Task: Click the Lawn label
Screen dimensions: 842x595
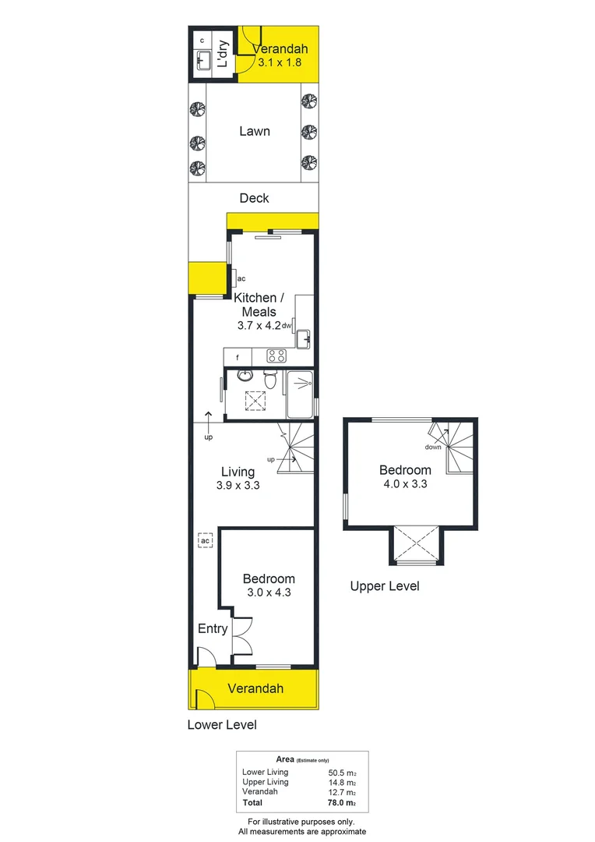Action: coord(254,131)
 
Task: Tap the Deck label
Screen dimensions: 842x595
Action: coord(254,198)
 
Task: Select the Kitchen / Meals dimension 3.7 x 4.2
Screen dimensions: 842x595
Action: coord(259,327)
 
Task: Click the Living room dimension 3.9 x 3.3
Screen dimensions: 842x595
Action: coord(238,485)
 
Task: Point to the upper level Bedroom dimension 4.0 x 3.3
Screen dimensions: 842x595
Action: coord(405,483)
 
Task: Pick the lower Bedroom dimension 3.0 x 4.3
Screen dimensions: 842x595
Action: coord(269,593)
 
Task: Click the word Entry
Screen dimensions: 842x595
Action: coord(213,628)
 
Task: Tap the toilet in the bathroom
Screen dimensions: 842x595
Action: coord(270,381)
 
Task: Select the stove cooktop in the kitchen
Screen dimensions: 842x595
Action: coord(276,356)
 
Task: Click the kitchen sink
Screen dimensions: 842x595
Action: coord(303,338)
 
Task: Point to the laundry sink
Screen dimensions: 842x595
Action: coord(204,59)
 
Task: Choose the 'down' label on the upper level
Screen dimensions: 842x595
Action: coord(433,447)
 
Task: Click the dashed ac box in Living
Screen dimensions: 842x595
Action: coord(206,541)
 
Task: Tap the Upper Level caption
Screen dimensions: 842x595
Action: coord(385,586)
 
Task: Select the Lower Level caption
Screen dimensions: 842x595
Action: coord(222,724)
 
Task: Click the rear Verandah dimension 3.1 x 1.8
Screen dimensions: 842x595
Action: coord(278,61)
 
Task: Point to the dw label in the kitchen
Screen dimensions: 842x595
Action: coord(287,325)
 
